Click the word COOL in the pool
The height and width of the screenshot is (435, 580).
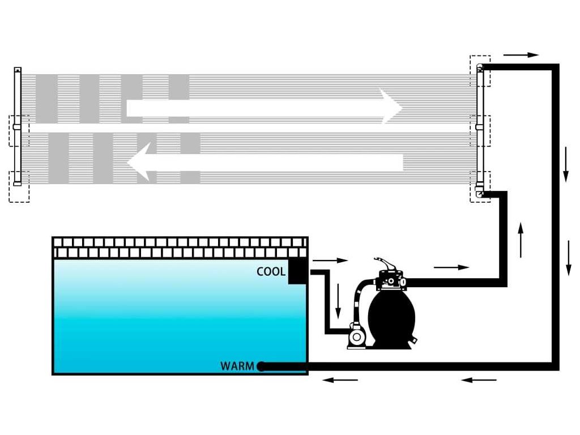(271, 272)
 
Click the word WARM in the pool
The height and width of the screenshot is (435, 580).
(237, 366)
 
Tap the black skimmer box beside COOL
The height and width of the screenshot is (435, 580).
(298, 271)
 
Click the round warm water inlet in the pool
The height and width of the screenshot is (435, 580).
(261, 366)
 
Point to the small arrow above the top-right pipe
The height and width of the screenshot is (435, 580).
(521, 56)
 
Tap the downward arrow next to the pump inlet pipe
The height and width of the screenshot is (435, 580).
(338, 301)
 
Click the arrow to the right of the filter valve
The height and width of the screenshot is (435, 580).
(451, 267)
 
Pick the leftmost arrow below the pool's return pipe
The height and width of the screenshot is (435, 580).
(340, 379)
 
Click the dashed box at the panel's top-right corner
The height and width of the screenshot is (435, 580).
(480, 70)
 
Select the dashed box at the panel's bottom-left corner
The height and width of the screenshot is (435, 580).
(19, 186)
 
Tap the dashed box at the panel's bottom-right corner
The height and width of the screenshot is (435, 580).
(480, 187)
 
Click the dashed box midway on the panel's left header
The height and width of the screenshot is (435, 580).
(19, 130)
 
